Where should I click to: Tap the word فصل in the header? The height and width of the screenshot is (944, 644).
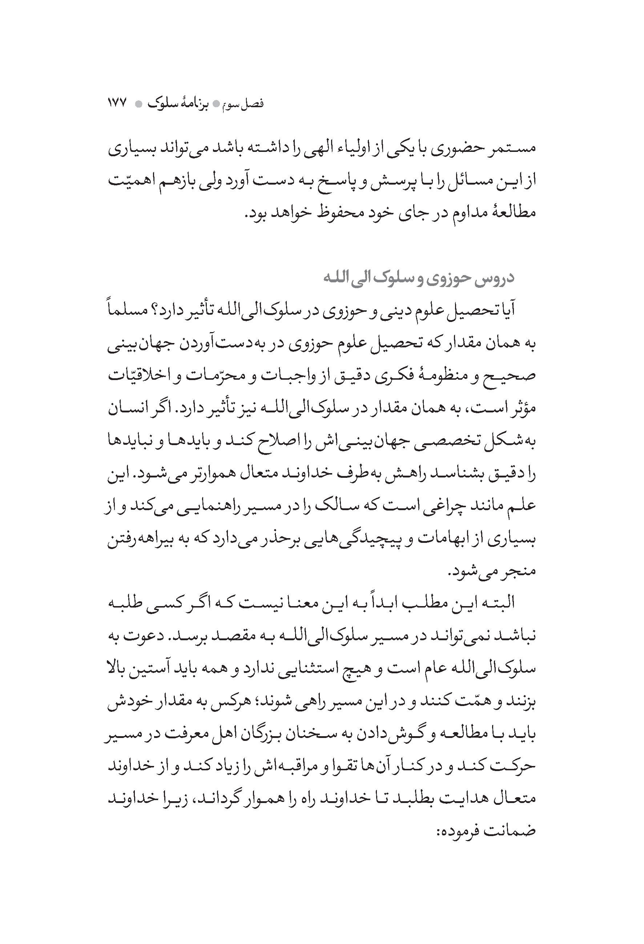click(x=254, y=104)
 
